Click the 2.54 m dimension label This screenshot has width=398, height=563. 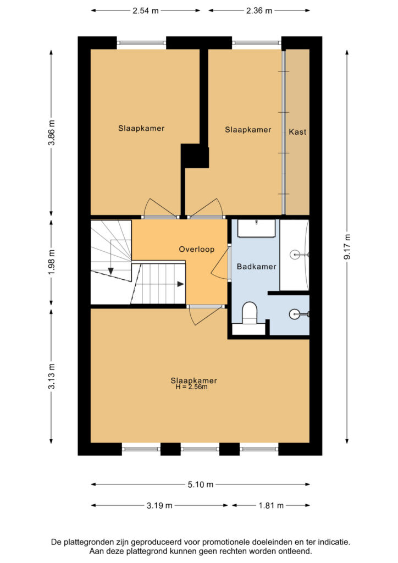pos(145,11)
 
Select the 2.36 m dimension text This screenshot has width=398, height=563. pos(259,11)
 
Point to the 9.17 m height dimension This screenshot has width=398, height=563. pos(347,246)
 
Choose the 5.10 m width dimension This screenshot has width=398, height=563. pos(200,485)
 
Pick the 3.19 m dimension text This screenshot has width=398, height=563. pos(159,506)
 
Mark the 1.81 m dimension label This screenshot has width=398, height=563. pos(271,506)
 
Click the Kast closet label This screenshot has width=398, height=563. pos(297,132)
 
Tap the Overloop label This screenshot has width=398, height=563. pos(197,249)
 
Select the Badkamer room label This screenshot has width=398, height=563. pos(256,267)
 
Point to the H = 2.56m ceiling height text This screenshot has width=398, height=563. pos(191,387)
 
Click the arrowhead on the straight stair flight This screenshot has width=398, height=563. pos(180,284)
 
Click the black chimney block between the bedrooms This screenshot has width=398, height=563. pos(195,156)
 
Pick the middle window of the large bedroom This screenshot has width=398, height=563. pos(200,449)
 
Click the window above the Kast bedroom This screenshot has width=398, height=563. pos(257,43)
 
